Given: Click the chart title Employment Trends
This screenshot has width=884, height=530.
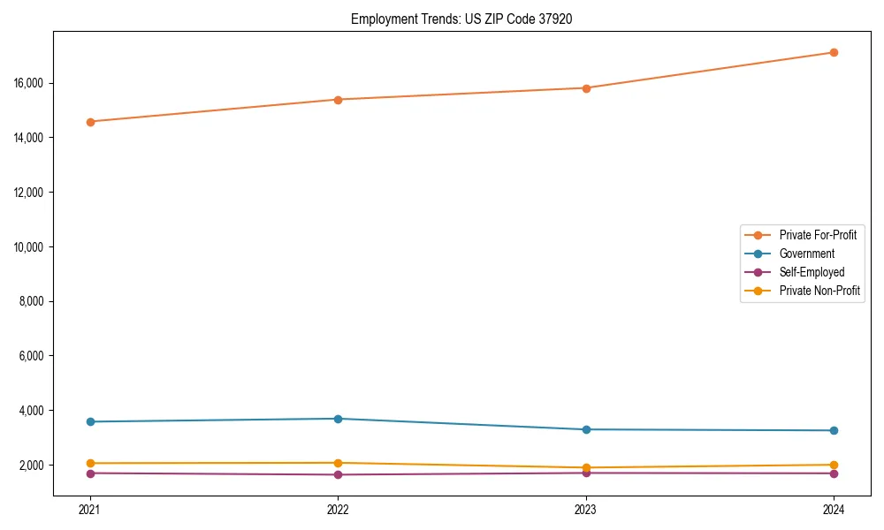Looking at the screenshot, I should (461, 19).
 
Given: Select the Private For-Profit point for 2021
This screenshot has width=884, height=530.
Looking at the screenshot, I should (90, 122).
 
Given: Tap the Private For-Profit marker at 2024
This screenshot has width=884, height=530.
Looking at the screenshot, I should (834, 52).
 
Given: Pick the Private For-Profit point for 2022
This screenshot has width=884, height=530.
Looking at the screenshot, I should (338, 100).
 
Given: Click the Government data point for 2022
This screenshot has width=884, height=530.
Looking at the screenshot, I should (338, 419).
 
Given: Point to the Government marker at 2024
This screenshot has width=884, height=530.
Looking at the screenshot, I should (834, 430).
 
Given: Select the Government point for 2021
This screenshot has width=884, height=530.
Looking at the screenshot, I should (90, 421).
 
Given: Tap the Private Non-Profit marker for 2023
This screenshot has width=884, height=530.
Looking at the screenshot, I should (586, 467).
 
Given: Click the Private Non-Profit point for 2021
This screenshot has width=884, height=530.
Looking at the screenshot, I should (90, 463).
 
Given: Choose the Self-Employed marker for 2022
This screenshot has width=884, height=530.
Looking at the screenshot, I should (338, 475).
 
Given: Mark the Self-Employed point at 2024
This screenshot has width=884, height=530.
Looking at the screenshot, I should (834, 473).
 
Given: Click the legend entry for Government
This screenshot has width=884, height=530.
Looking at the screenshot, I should (806, 254).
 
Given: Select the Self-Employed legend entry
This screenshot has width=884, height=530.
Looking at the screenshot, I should (812, 272).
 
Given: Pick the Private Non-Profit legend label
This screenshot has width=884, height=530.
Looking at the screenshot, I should (819, 291).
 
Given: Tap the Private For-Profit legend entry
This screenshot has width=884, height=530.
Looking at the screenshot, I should (818, 235).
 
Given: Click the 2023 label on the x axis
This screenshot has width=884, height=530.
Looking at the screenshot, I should (586, 509).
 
